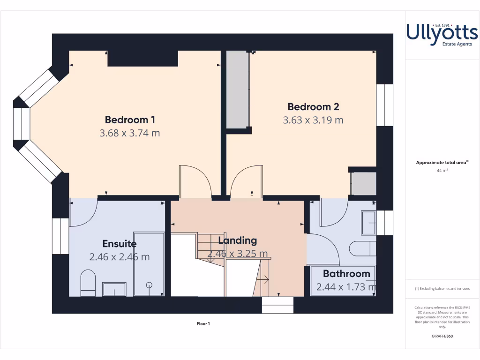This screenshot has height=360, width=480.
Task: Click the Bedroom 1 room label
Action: tap(130, 120)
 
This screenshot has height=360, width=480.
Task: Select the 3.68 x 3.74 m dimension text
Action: tap(130, 133)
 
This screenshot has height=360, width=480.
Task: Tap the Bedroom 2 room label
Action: tap(313, 106)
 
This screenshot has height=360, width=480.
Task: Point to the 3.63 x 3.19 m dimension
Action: tap(313, 120)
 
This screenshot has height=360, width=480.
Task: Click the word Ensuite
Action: tap(120, 244)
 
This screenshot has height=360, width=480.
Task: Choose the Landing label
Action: tap(238, 240)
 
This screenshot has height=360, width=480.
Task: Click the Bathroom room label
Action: tap(346, 274)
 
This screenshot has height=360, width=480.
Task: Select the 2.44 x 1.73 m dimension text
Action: tap(346, 287)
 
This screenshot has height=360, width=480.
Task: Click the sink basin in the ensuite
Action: tap(114, 289)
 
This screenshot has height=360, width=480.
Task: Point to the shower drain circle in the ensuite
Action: tap(150, 285)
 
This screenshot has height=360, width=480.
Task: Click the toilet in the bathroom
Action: tap(363, 248)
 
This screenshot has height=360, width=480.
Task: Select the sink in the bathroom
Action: tap(368, 223)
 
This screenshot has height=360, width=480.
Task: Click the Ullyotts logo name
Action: tap(442, 32)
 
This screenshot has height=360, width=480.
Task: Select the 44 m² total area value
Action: tap(442, 171)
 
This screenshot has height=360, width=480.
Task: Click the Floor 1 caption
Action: tap(203, 323)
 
